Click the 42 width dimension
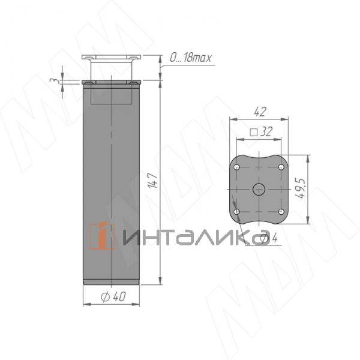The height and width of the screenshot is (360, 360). [259, 112]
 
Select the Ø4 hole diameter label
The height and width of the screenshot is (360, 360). [269, 239]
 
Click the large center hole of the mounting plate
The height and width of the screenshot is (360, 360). [259, 189]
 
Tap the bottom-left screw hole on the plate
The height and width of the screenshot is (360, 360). [237, 211]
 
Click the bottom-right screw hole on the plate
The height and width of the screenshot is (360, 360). [281, 211]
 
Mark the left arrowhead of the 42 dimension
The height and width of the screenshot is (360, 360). [231, 121]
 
